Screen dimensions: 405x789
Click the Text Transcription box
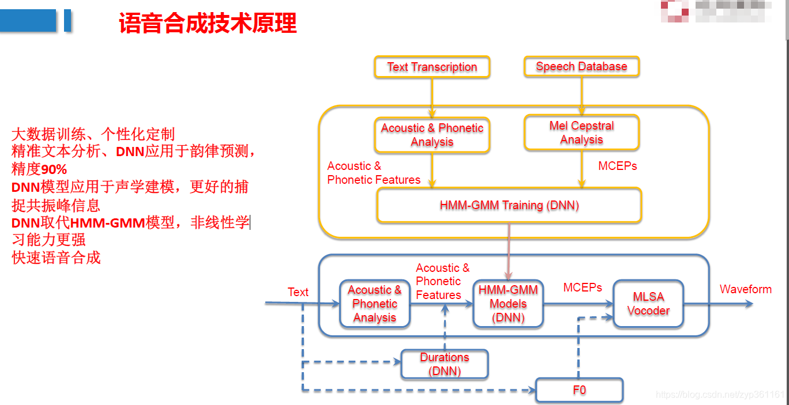click(432, 67)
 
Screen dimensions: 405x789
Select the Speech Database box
click(581, 66)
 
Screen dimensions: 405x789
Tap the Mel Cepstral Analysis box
click(581, 133)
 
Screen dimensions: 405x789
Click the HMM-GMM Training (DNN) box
click(509, 205)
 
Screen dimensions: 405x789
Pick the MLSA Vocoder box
click(648, 304)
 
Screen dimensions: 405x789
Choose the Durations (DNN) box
click(445, 364)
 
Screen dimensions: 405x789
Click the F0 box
click(579, 390)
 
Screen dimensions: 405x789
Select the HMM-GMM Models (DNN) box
click(508, 304)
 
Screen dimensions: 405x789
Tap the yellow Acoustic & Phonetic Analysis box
click(432, 135)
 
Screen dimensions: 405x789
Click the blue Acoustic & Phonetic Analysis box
click(374, 304)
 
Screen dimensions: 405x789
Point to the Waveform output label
click(745, 289)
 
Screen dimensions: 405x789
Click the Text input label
click(298, 292)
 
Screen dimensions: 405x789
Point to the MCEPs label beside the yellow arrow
click(617, 166)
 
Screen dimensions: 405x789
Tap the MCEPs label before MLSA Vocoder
click(583, 287)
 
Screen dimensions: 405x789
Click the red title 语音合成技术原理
click(208, 24)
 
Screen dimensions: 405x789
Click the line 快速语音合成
click(56, 258)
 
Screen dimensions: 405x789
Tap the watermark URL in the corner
click(720, 395)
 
